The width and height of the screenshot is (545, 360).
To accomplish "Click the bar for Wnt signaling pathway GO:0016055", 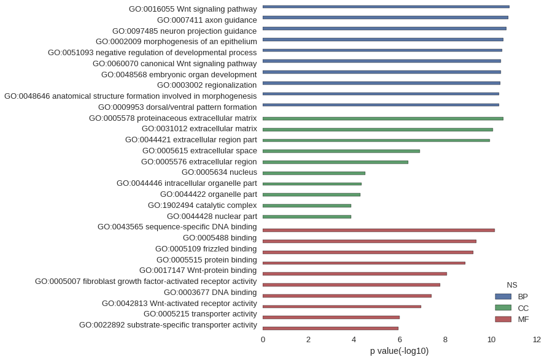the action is point(386,7).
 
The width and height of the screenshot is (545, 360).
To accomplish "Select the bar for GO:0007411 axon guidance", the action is point(385,17).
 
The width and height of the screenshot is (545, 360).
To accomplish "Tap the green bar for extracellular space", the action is point(341,151).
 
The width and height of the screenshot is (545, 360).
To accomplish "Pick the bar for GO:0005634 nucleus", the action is point(314,173).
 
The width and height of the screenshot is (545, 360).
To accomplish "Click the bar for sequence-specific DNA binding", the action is point(379,230).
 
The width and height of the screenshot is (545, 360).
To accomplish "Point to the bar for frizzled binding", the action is point(368,253).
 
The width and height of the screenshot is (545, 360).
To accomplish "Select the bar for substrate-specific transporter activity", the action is point(330,328).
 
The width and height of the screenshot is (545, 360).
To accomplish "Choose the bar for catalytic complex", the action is point(307,205).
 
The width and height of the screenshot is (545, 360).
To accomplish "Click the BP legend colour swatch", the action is point(503,296).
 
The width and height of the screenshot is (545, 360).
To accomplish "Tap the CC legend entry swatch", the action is point(503,308).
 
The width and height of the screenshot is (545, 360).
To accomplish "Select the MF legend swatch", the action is point(503,320).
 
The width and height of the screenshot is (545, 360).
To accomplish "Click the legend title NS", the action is point(512,285).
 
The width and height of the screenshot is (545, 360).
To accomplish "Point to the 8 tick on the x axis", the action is point(445,340).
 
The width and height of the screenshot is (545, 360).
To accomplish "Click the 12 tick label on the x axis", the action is point(536,340).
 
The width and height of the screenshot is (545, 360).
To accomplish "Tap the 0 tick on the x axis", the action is point(263,340).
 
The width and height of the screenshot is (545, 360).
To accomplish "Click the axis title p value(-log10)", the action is point(400,351).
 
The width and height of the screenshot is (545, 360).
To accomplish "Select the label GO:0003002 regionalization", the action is point(207,85).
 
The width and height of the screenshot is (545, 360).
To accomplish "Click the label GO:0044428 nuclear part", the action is point(212,216).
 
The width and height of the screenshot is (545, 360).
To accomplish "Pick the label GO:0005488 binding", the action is point(220,238).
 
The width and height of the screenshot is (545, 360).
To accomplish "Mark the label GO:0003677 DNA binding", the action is point(211,293).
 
